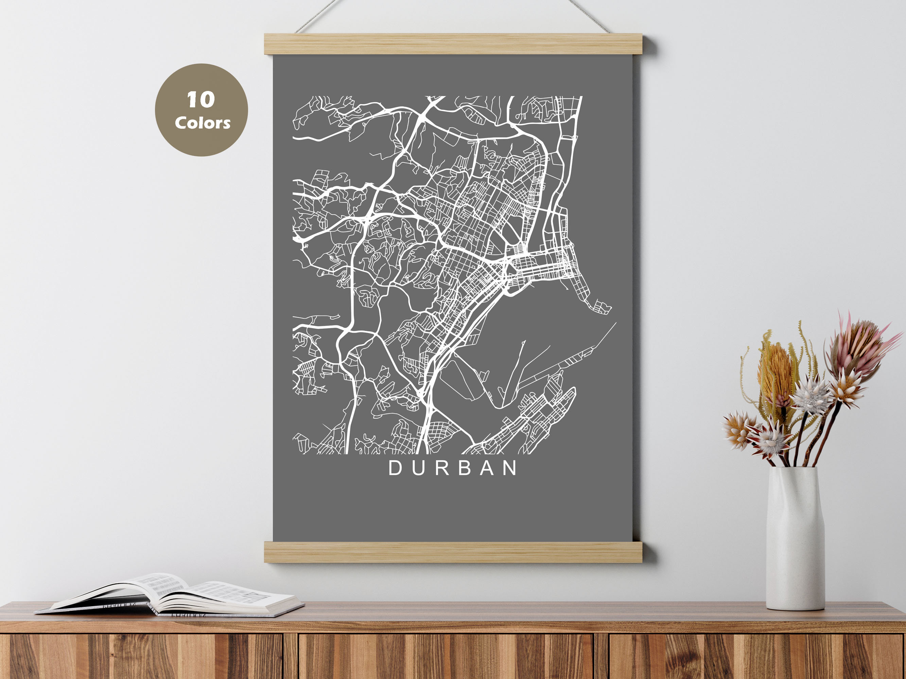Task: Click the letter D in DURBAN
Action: [x=396, y=468]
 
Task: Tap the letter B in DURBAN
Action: [x=465, y=468]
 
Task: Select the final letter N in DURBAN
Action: [x=510, y=468]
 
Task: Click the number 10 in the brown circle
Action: [x=201, y=100]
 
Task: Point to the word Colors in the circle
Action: [x=202, y=123]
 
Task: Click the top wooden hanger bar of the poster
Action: [x=453, y=44]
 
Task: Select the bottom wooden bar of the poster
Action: [x=453, y=552]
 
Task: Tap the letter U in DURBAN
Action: [x=419, y=468]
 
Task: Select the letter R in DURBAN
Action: [x=441, y=468]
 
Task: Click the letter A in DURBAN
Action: [x=487, y=468]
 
